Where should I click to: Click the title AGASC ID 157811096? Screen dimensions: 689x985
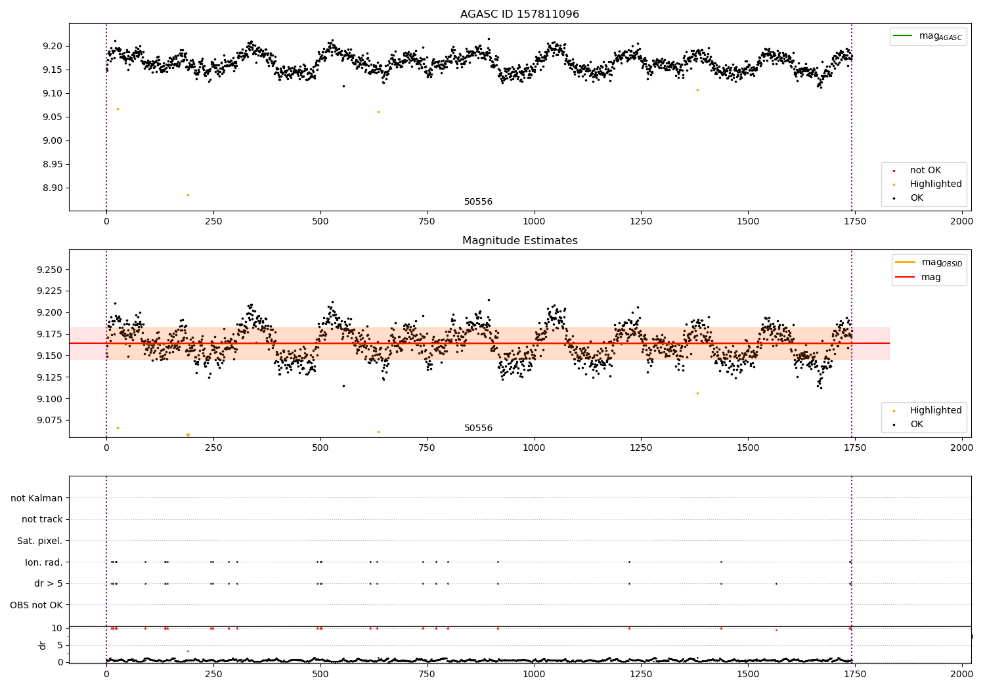point(519,14)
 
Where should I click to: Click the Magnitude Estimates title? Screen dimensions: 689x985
point(519,241)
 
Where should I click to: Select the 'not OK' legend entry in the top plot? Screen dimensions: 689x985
point(925,171)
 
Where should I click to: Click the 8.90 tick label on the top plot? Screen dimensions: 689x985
point(53,188)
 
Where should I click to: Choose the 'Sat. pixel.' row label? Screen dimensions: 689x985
point(39,541)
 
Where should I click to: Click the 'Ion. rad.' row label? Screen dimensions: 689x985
point(43,562)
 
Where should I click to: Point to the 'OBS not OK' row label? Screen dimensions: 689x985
point(36,605)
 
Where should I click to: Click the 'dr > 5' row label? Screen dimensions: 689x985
point(48,583)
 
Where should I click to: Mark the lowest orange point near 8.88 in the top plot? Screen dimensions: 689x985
point(188,195)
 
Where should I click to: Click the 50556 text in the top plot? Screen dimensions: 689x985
point(478,202)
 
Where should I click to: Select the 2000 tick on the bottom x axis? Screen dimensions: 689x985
point(962,673)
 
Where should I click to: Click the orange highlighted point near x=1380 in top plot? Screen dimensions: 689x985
point(697,90)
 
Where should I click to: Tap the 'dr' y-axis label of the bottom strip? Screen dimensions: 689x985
point(43,645)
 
